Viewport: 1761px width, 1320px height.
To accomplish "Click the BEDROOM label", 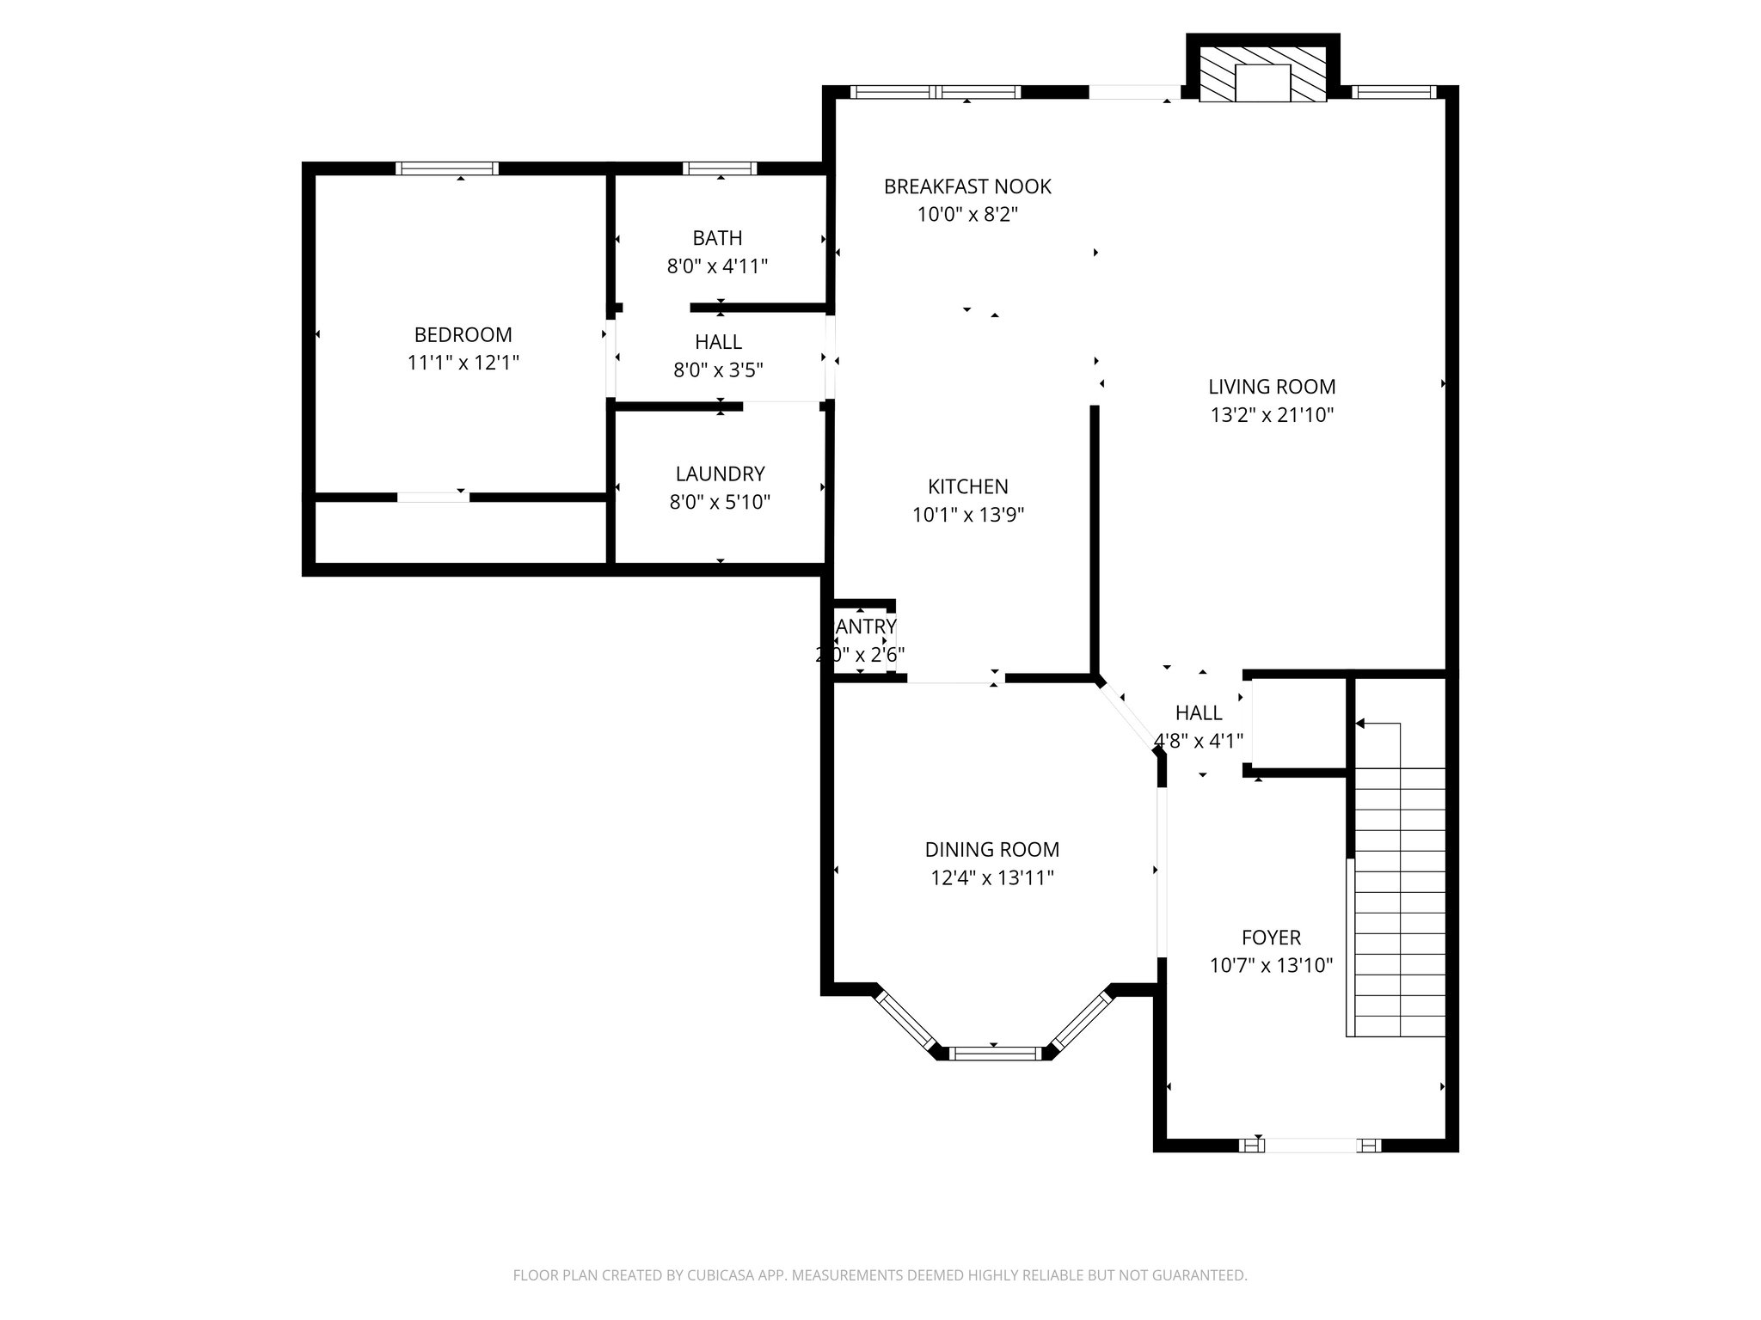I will [x=463, y=334].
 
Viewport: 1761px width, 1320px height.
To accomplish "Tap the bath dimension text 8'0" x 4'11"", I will [x=717, y=266].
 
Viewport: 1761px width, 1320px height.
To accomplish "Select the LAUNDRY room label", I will [x=720, y=474].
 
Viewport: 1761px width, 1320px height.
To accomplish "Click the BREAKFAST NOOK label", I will [x=967, y=186].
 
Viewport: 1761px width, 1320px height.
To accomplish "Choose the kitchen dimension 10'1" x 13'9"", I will [x=968, y=515].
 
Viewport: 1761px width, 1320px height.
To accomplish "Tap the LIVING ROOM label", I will [x=1272, y=387].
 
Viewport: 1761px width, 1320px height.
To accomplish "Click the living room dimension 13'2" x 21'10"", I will [x=1272, y=415].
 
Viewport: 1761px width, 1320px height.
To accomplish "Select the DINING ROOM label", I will [x=991, y=850].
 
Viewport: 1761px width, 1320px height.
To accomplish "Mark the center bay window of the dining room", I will [x=994, y=1053].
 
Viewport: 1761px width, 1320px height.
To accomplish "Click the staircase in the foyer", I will [x=1399, y=902].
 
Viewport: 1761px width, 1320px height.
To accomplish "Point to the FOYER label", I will [x=1271, y=938].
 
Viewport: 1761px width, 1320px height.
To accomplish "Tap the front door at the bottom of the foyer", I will [x=1310, y=1145].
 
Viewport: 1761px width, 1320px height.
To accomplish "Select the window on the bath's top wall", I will [x=720, y=168].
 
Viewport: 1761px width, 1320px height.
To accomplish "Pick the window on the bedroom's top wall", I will [x=447, y=168].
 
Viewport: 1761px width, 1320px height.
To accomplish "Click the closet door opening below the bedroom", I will [x=433, y=497].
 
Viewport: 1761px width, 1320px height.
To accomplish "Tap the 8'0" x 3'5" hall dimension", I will [x=718, y=370].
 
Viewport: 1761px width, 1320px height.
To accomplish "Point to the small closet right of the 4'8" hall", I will [x=1298, y=722].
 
